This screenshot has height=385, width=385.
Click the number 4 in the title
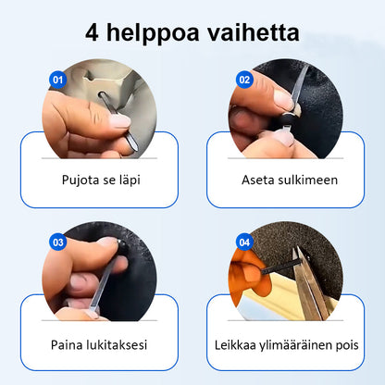click(x=94, y=34)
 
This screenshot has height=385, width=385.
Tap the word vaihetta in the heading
click(x=255, y=34)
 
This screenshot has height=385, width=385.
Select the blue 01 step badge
click(x=57, y=80)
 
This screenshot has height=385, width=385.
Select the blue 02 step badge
click(x=244, y=80)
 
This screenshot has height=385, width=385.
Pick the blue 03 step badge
click(x=57, y=242)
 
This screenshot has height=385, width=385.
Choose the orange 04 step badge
click(x=244, y=242)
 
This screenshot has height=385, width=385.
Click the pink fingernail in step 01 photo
click(x=119, y=120)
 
